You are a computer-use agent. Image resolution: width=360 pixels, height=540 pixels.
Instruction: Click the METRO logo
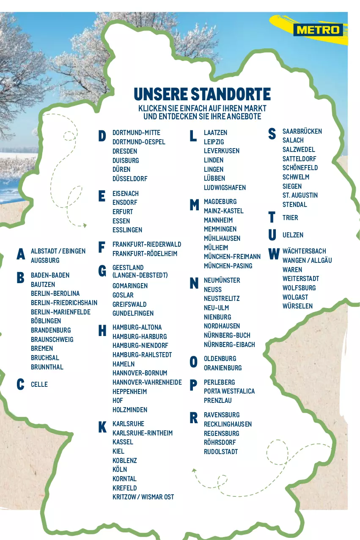[318, 30]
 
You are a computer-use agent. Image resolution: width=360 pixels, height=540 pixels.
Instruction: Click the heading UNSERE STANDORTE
[202, 94]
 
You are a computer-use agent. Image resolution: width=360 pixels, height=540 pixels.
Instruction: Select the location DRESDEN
[125, 151]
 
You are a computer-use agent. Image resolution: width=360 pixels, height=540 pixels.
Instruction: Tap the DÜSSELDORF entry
[130, 179]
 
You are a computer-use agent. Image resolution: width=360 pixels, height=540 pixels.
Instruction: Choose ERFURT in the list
[123, 212]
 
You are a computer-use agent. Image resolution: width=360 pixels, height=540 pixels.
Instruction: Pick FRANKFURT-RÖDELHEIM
[145, 253]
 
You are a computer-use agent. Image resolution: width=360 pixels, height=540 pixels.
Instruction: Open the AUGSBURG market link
[45, 260]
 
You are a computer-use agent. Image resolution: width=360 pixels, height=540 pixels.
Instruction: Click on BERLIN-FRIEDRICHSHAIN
[64, 303]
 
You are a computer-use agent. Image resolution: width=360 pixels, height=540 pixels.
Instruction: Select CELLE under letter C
[39, 384]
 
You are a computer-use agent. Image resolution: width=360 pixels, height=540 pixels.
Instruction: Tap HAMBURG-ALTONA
[137, 327]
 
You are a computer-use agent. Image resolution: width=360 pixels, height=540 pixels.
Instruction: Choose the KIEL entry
[118, 451]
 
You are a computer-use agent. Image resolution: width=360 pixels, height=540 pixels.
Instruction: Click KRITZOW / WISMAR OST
[143, 497]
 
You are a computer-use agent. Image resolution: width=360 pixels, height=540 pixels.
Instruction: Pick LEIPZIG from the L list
[214, 142]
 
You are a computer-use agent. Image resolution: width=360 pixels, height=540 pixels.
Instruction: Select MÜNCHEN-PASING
[228, 266]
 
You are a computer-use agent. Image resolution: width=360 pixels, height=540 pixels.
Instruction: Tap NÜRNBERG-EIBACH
[229, 344]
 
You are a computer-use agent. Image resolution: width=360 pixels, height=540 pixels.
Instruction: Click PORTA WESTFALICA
[229, 391]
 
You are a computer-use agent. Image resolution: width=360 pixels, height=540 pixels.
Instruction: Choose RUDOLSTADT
[221, 452]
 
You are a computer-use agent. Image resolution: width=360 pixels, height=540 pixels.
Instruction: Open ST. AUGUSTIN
[300, 195]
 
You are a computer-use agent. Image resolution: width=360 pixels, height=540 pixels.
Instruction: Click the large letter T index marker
[272, 218]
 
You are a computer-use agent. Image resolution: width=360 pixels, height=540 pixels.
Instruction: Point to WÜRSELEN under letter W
[297, 306]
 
